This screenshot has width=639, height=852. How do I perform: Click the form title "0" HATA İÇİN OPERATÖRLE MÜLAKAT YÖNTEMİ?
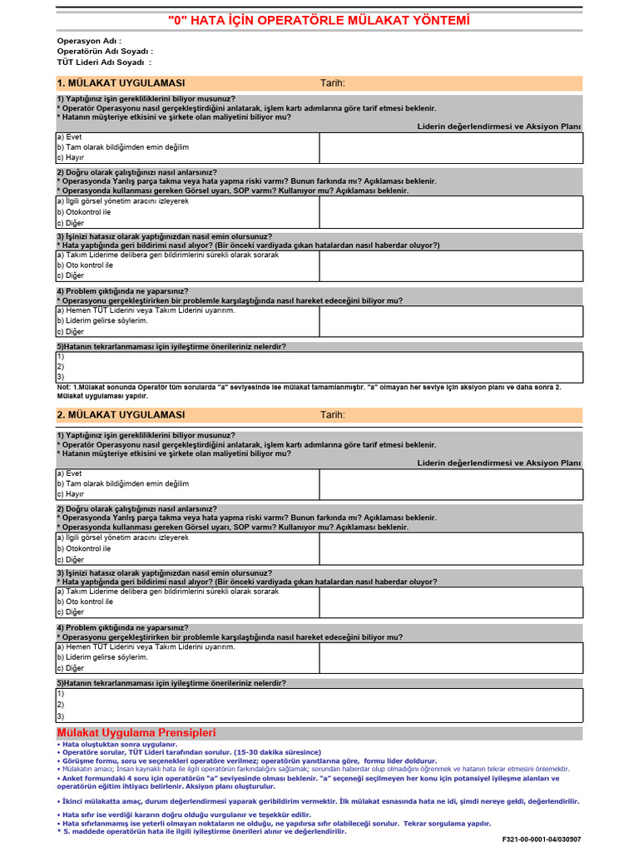click(x=319, y=21)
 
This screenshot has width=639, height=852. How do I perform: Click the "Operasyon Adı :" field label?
click(x=89, y=41)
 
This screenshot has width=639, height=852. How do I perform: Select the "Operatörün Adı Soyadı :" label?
click(x=105, y=51)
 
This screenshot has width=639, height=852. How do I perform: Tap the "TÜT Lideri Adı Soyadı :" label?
click(x=104, y=62)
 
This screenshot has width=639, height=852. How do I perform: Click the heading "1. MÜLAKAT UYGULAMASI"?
click(x=121, y=83)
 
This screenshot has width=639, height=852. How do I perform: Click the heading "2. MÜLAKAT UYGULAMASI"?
click(x=121, y=414)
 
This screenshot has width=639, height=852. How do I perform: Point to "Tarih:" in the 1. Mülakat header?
click(x=333, y=83)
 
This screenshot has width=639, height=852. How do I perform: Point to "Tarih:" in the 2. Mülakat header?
click(x=333, y=414)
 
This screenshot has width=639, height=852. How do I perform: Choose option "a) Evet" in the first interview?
click(x=69, y=136)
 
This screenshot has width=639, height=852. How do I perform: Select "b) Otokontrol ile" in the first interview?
click(x=83, y=212)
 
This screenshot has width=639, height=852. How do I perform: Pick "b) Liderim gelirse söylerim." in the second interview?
click(x=102, y=656)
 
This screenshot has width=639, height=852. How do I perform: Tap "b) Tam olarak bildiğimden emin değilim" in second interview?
click(x=122, y=483)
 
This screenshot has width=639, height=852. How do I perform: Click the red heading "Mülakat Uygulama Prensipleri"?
click(x=136, y=733)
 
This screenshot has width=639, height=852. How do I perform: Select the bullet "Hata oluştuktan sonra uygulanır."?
click(x=119, y=744)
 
